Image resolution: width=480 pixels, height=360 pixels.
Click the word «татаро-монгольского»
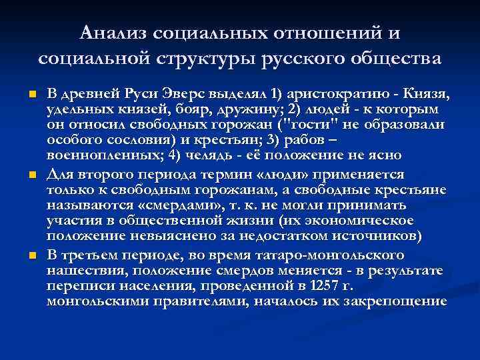tap(309, 255)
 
